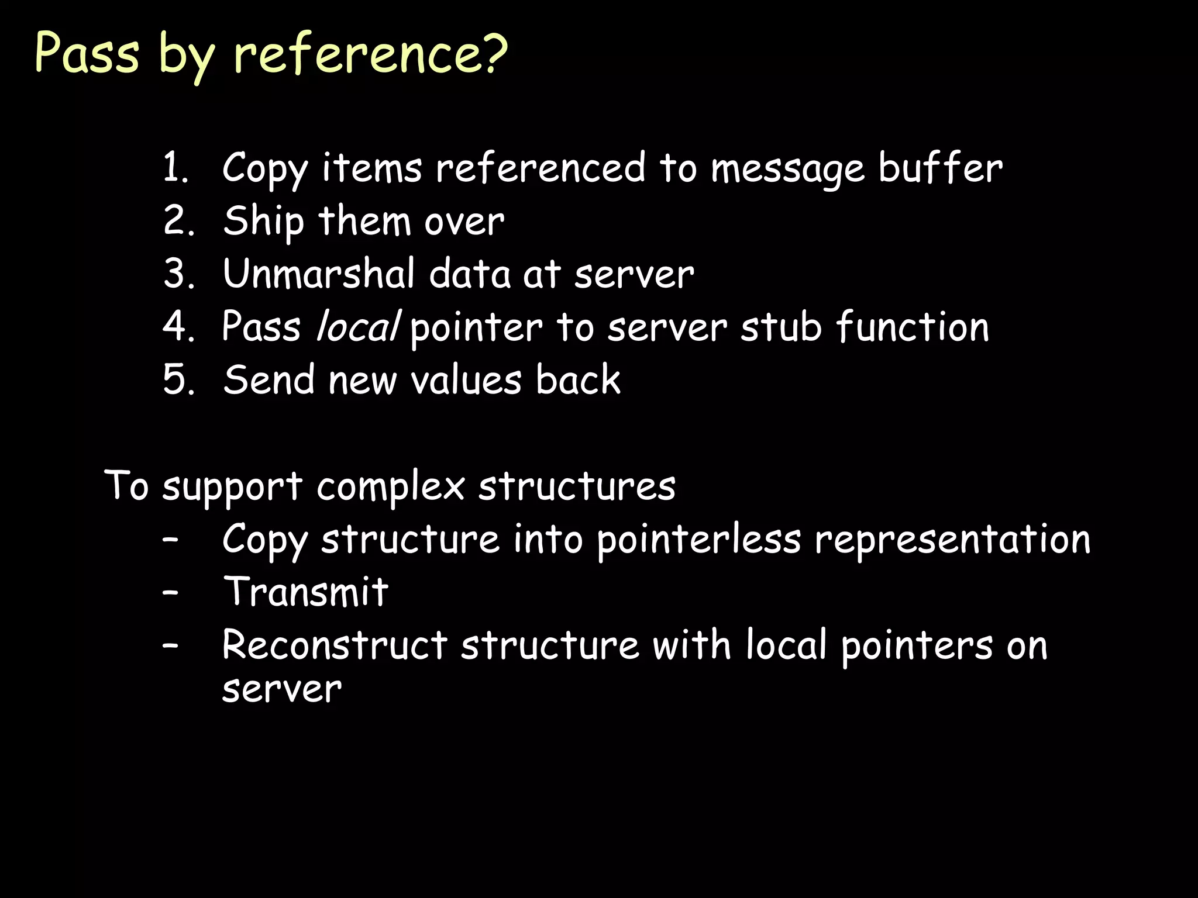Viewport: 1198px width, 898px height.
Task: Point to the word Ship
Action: [263, 222]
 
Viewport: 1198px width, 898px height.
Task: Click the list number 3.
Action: [178, 274]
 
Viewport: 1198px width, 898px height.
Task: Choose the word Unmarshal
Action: [319, 274]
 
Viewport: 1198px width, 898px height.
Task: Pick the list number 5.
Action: [178, 380]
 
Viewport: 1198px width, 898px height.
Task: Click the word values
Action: [466, 380]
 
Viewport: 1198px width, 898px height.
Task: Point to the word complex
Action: [391, 486]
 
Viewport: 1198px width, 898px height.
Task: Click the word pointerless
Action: [699, 539]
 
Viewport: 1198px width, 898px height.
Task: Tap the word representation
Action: [953, 539]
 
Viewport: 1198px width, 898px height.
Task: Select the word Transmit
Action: [306, 592]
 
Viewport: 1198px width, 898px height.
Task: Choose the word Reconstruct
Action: [335, 645]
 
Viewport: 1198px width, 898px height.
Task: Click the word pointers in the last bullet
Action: [917, 646]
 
